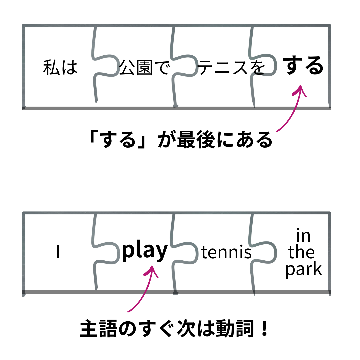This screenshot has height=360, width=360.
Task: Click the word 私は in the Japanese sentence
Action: click(60, 67)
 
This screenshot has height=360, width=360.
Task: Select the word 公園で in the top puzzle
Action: click(144, 67)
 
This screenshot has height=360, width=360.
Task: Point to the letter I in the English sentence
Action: click(58, 253)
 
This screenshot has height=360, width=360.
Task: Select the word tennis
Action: click(227, 253)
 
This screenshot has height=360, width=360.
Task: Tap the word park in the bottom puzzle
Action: click(304, 269)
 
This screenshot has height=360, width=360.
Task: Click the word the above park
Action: click(301, 252)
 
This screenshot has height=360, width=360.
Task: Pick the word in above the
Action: click(303, 236)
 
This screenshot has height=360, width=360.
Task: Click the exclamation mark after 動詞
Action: click(265, 329)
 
